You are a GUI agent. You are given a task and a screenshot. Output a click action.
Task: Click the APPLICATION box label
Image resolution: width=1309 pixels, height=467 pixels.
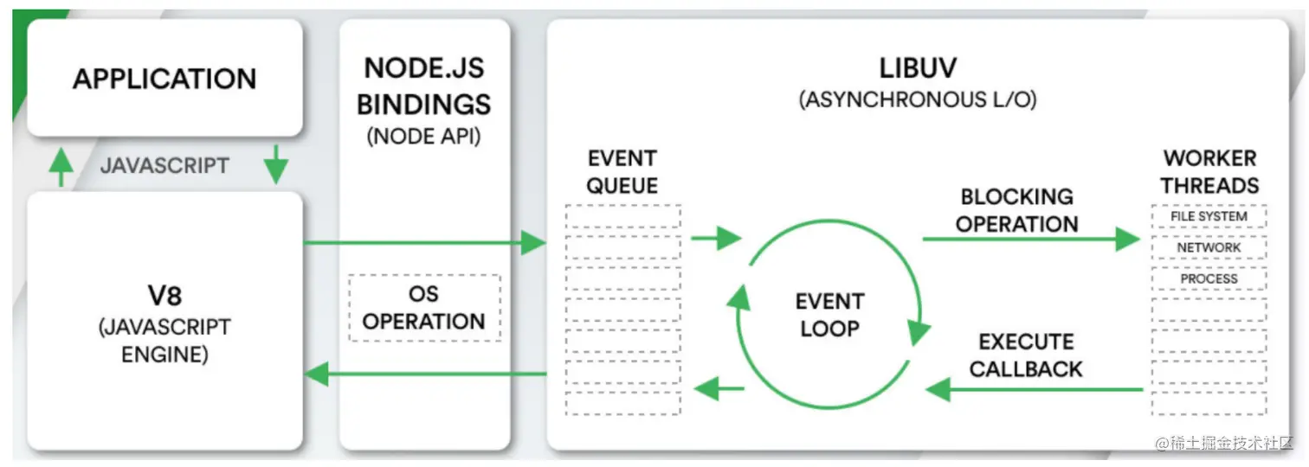tap(164, 79)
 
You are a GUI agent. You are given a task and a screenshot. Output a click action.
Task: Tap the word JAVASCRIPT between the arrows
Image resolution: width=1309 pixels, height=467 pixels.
tap(164, 166)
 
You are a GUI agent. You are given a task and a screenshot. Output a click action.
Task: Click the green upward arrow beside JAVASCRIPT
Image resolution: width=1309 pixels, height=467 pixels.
tap(61, 167)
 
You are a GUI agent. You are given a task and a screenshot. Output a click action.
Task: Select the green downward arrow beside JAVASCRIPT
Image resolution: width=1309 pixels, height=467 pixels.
tap(276, 164)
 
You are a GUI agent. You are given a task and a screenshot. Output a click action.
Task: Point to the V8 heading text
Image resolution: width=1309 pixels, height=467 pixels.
tap(164, 296)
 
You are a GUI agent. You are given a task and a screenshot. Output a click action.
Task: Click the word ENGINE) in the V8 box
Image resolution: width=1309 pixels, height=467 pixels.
tap(164, 355)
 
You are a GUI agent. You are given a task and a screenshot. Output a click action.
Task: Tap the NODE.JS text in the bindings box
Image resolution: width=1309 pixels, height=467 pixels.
tap(424, 68)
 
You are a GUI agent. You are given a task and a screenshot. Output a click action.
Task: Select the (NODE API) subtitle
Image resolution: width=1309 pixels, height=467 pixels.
tap(423, 136)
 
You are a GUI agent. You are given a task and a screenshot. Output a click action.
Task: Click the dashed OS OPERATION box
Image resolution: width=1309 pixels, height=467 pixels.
tap(424, 308)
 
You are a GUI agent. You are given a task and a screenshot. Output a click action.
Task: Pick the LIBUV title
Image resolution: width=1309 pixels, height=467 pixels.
tap(918, 68)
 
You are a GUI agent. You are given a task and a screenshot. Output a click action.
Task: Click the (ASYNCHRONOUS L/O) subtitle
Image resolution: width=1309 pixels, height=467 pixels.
tap(918, 99)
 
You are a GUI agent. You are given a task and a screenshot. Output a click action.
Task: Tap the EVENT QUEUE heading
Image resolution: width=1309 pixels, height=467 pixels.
tap(622, 171)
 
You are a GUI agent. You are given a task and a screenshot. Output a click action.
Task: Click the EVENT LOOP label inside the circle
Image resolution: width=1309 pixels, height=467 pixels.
tap(829, 315)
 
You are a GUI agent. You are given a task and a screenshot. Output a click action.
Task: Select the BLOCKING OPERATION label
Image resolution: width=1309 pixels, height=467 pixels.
tap(1016, 210)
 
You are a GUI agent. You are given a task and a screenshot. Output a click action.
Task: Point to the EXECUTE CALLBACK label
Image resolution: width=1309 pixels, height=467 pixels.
tap(1026, 355)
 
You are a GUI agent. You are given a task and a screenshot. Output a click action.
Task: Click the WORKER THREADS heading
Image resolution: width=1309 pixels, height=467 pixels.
tap(1209, 171)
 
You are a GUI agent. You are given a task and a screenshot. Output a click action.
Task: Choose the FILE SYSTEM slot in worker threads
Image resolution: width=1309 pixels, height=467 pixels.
tap(1209, 216)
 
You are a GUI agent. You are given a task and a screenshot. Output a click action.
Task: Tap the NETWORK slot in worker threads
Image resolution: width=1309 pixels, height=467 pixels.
tap(1209, 247)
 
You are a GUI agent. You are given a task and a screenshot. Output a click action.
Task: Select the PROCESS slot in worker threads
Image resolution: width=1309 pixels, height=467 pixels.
tap(1209, 279)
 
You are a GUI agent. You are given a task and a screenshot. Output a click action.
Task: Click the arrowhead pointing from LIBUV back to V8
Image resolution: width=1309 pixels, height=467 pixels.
tap(316, 374)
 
